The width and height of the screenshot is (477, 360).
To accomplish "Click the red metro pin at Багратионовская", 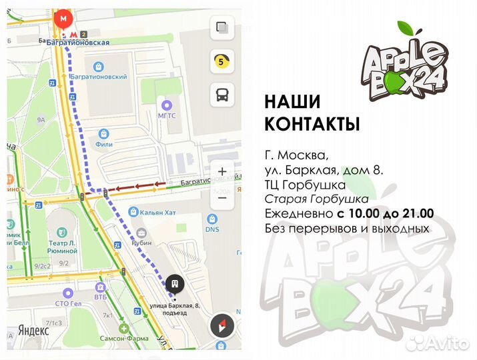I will [x=64, y=19].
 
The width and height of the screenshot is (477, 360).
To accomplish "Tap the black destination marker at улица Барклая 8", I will [x=175, y=283].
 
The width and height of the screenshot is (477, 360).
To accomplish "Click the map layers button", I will [x=221, y=29].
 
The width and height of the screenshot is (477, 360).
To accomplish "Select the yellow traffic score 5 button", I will [x=221, y=62].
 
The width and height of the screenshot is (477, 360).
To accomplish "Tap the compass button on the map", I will [x=221, y=327].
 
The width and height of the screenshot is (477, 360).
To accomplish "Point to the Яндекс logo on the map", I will [x=33, y=330].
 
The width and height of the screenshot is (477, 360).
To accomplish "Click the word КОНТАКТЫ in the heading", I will [x=312, y=124].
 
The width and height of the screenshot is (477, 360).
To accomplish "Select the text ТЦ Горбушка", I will [x=305, y=185].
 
